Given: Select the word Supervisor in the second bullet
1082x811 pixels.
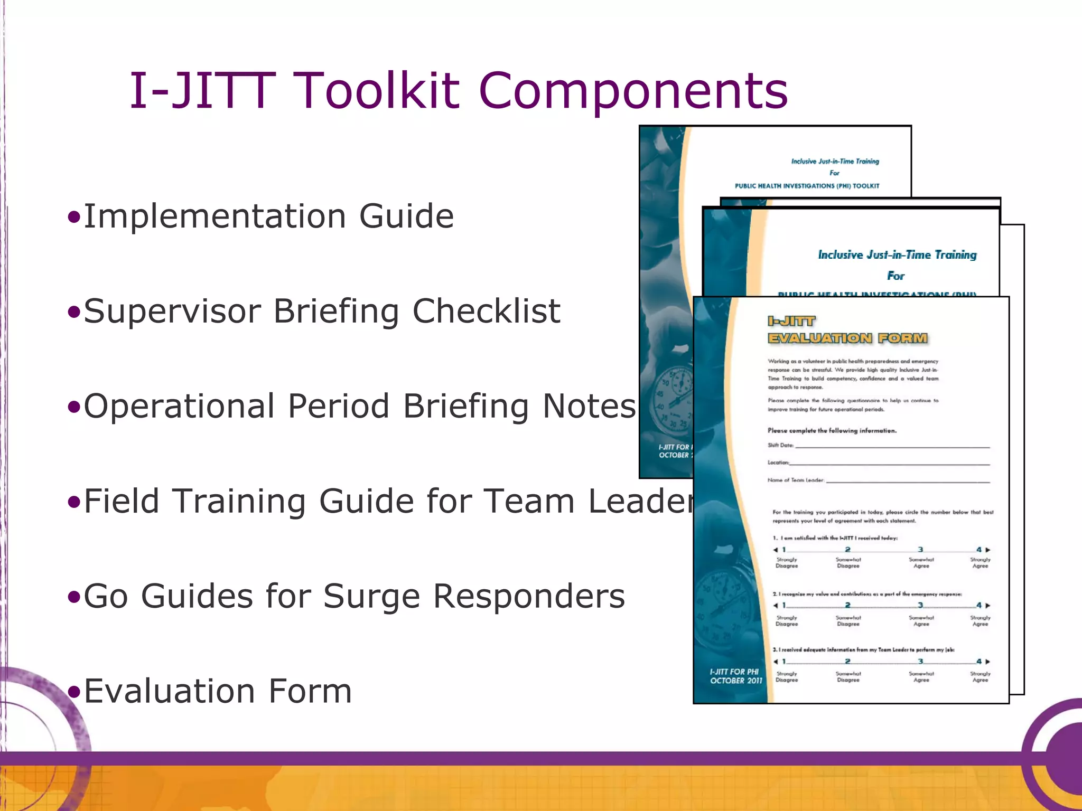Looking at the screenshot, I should (x=172, y=311).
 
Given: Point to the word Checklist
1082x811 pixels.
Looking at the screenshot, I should (x=486, y=311).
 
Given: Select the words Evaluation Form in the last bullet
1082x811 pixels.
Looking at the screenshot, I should (x=218, y=691).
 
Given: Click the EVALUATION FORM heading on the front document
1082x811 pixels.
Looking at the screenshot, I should (x=847, y=338).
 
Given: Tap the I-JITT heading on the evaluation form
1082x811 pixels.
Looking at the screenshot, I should (x=791, y=321).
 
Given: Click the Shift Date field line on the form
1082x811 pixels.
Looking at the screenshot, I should (x=892, y=446).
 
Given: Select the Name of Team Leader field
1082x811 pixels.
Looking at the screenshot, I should (x=907, y=480).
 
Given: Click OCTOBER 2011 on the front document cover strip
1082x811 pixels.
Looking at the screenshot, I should (x=736, y=681).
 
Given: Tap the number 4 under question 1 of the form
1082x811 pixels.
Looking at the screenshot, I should (x=979, y=550).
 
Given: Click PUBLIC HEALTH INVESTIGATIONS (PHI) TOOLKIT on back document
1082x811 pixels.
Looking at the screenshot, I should (x=807, y=186).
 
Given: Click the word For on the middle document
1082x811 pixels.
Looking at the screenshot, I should (x=896, y=276).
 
